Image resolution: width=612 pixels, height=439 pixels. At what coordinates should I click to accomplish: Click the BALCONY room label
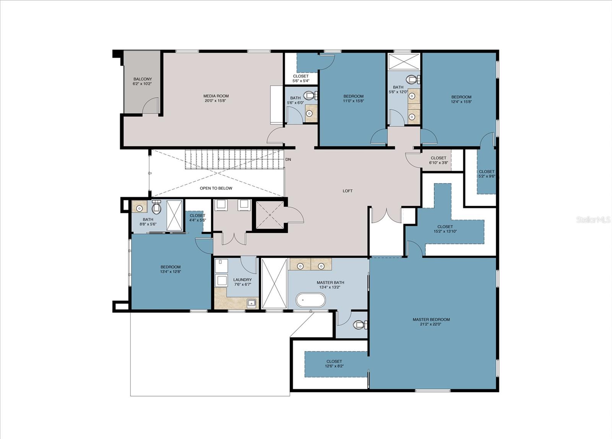point(142,81)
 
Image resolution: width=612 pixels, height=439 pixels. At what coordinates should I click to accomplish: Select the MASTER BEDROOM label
point(431,322)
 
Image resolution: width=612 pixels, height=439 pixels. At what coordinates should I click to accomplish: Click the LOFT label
point(348,191)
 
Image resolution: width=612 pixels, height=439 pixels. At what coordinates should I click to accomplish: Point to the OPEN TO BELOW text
point(216,188)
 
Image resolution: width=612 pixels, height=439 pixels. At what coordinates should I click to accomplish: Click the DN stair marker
point(288,159)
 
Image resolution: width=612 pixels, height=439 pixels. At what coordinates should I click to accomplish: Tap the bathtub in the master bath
point(311,301)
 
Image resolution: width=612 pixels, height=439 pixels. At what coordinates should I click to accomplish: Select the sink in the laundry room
point(251,303)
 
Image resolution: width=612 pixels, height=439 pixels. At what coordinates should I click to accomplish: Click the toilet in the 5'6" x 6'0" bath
point(310,95)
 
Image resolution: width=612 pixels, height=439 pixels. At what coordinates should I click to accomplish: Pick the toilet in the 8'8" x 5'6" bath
point(156,207)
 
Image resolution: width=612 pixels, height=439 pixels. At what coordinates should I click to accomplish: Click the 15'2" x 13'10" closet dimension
point(445,231)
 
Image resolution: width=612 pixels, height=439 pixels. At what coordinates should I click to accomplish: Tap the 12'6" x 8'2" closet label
point(334,364)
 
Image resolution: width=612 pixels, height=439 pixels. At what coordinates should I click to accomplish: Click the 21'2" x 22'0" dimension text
point(431,324)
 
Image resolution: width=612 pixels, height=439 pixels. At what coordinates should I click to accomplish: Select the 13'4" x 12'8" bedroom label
point(171,269)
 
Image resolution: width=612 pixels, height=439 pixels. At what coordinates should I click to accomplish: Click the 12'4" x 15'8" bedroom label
point(461,99)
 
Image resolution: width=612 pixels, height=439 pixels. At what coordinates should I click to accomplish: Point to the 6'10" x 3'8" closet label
point(438,160)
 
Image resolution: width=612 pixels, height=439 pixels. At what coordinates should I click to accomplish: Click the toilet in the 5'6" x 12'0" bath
point(413,79)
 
